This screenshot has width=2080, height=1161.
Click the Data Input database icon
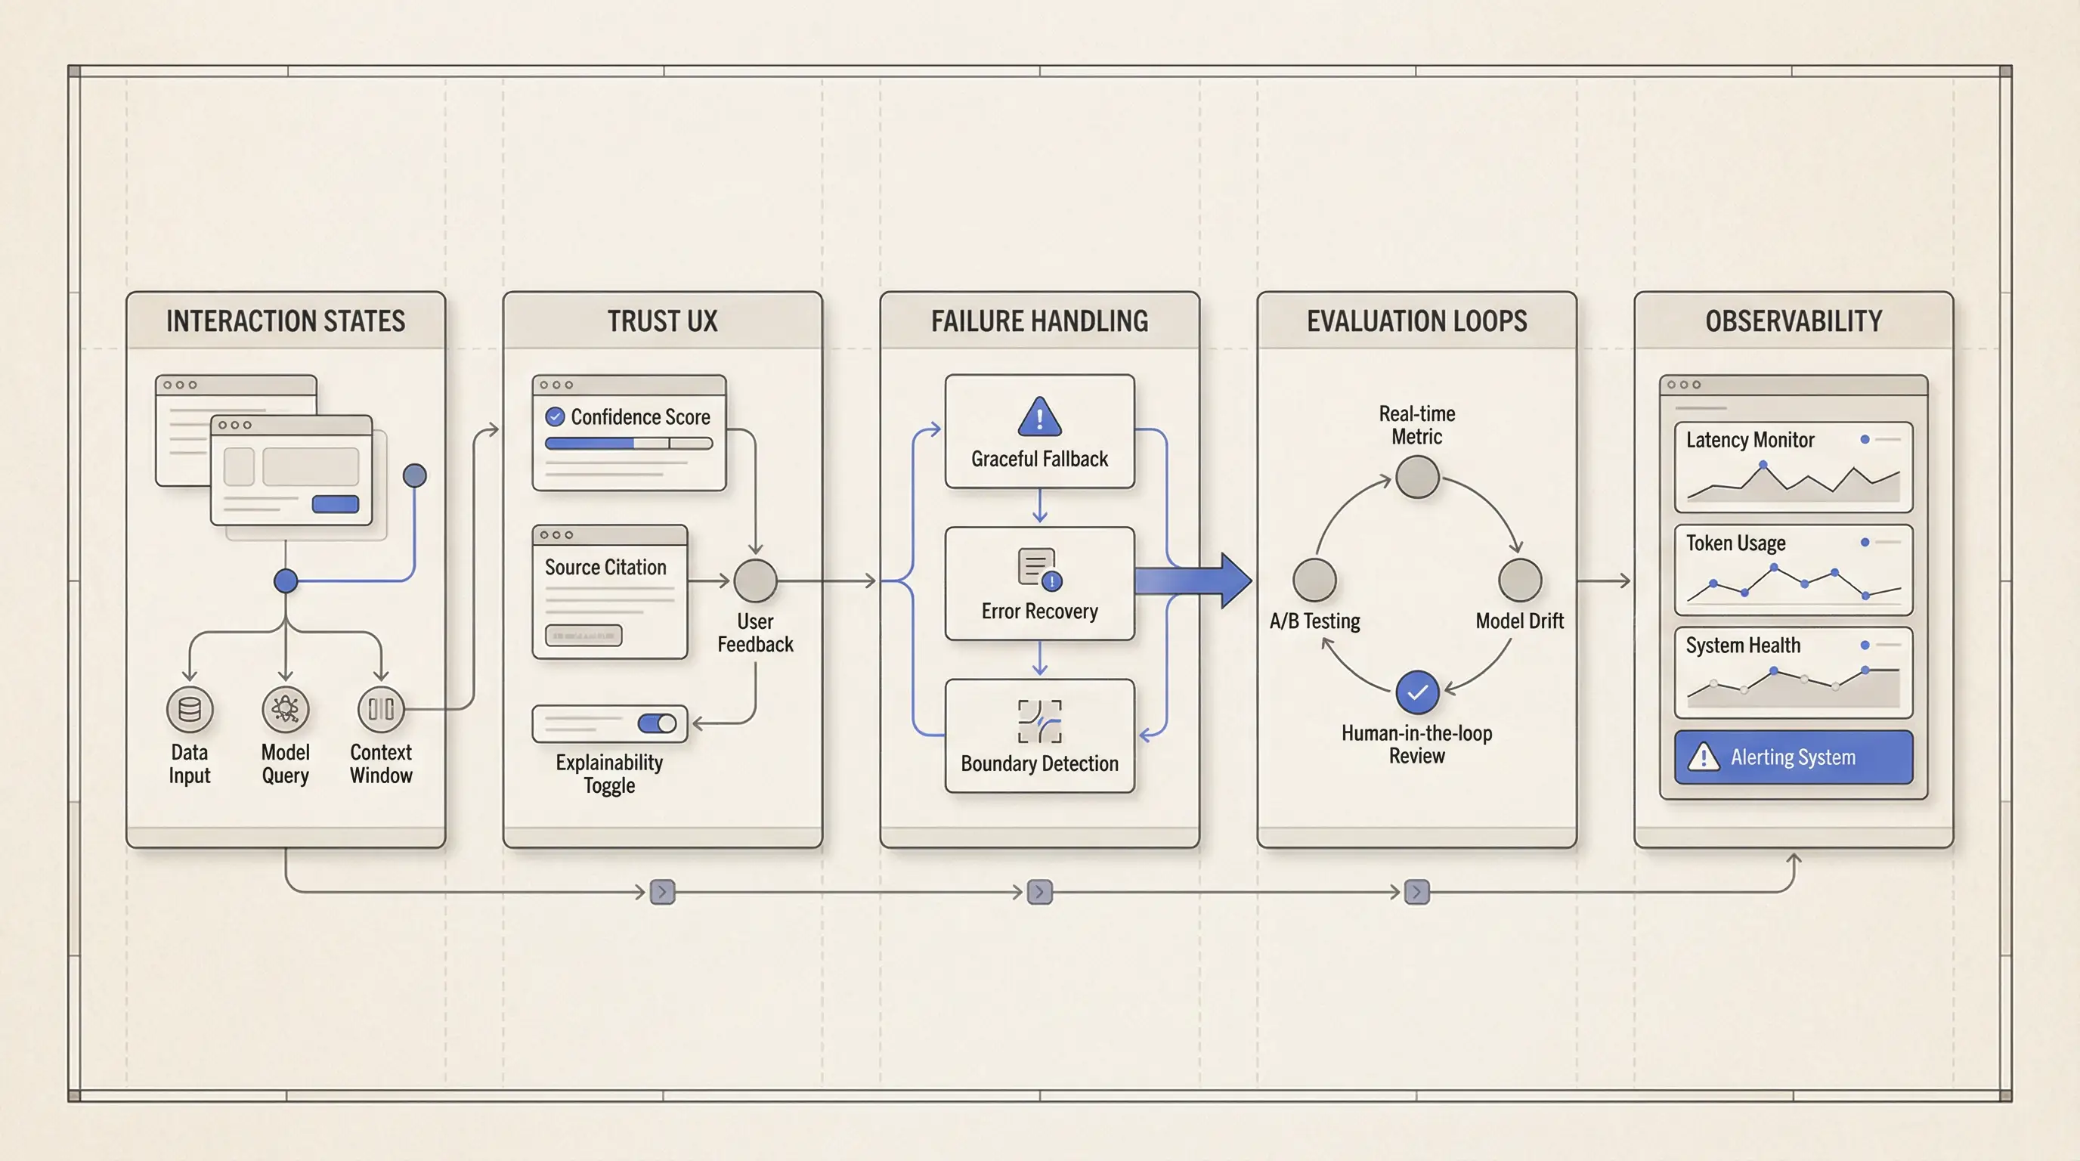click(x=190, y=710)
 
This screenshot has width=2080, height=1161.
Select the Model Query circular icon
click(x=285, y=710)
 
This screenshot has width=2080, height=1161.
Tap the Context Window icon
click(x=381, y=710)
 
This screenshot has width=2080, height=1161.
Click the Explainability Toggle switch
click(x=657, y=723)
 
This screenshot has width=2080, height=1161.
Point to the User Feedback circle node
click(x=755, y=580)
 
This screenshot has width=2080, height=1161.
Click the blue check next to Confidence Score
click(x=555, y=416)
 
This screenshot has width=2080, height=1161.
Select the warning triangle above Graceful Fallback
click(x=1039, y=417)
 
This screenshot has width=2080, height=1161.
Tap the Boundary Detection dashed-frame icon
click(x=1039, y=721)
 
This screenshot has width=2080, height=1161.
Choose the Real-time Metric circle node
click(x=1417, y=477)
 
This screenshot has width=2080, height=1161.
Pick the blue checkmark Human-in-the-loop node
click(x=1417, y=692)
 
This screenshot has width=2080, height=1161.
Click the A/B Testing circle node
click(x=1314, y=580)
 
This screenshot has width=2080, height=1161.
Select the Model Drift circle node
click(x=1520, y=580)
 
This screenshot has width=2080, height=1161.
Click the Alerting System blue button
click(x=1794, y=757)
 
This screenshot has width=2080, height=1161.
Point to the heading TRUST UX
click(x=662, y=321)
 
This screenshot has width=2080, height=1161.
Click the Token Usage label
click(x=1735, y=543)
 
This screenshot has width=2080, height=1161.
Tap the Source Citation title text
click(x=605, y=568)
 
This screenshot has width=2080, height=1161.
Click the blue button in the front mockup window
click(x=335, y=505)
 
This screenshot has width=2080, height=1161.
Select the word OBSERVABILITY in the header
click(x=1794, y=321)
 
